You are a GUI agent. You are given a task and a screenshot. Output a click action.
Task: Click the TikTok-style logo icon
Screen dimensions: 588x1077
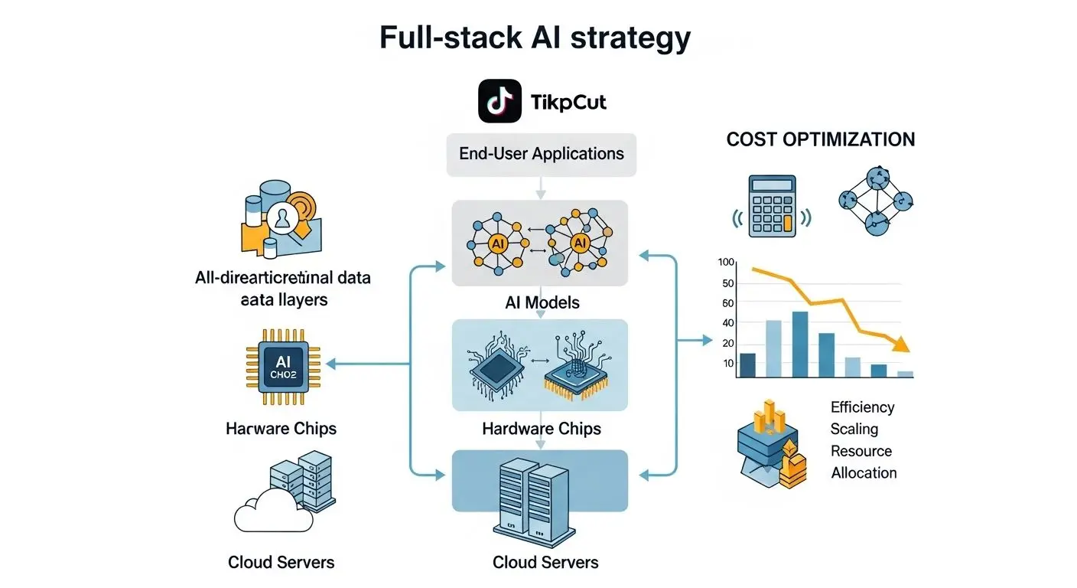(x=499, y=101)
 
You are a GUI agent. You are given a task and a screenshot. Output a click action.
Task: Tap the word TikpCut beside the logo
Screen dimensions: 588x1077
(x=568, y=102)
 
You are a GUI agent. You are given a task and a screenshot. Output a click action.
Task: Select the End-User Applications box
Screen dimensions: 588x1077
(x=541, y=153)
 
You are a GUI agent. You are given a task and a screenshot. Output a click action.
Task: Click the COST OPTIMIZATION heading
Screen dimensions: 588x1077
(x=820, y=139)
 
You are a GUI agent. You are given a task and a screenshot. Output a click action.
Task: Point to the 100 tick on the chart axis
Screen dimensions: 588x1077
(x=726, y=263)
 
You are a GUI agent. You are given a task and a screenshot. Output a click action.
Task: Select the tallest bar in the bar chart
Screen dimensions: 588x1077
(x=800, y=345)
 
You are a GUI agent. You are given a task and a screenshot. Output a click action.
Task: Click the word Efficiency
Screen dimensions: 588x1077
(x=862, y=407)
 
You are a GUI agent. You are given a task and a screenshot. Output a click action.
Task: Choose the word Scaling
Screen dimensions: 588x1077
(x=854, y=429)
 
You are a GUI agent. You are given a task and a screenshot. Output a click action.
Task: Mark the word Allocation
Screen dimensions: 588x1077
(x=864, y=472)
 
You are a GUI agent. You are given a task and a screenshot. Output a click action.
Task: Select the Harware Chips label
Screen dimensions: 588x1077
(x=281, y=428)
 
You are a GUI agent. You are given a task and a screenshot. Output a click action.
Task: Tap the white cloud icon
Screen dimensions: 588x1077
(x=273, y=514)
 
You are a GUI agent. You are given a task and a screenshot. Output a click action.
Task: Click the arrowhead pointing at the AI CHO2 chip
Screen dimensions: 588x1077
(x=330, y=364)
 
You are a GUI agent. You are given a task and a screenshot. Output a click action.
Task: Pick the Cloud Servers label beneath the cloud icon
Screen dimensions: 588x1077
(x=281, y=562)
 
